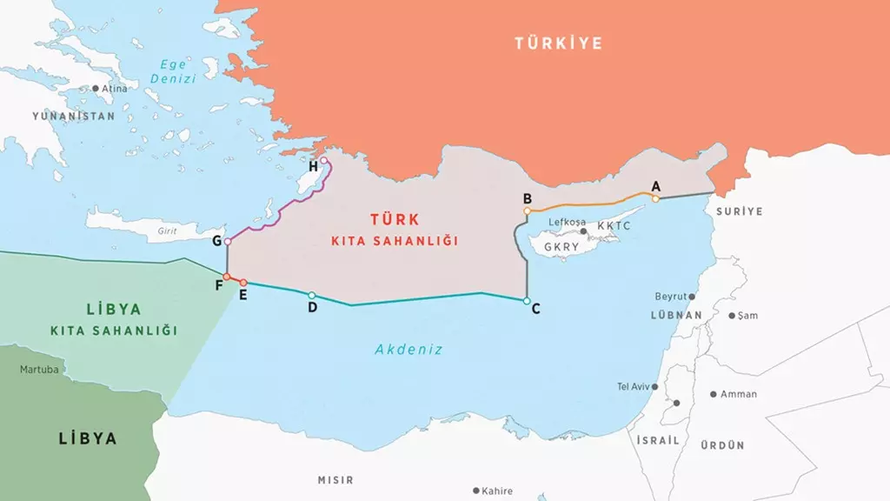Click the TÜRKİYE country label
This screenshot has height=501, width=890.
[557, 43]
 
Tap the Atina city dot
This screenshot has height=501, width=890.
[96, 88]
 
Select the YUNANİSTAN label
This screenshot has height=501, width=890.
[73, 116]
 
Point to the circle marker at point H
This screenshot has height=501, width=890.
[324, 160]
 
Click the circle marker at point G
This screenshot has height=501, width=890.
[227, 241]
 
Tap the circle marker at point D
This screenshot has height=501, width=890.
[312, 296]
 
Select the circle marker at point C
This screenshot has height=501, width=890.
[527, 301]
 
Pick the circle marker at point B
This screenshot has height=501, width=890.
[528, 210]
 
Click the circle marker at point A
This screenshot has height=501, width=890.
[655, 198]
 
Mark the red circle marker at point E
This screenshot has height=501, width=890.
[243, 283]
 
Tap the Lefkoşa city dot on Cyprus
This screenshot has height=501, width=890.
[583, 231]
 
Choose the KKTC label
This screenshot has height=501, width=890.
[614, 225]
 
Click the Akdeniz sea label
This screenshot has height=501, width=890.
[408, 350]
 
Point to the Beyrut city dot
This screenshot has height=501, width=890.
[692, 297]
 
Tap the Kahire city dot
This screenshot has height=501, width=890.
[475, 491]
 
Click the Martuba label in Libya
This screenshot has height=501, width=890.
[39, 370]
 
